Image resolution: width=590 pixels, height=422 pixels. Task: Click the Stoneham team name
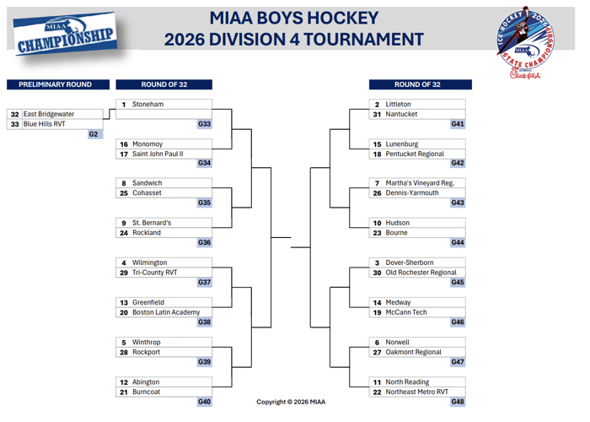(148, 105)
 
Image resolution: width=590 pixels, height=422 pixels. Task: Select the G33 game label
(204, 124)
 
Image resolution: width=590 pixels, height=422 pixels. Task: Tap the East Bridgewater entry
(49, 114)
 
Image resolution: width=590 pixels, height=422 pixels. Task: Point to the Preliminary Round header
(56, 84)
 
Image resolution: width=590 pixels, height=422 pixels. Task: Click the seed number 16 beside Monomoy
(123, 144)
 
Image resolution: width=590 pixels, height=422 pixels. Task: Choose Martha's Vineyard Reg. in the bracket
(420, 183)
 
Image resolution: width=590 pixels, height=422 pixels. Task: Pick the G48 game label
(458, 402)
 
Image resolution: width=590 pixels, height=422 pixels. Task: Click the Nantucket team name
(402, 114)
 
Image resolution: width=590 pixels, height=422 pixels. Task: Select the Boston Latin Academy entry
(166, 312)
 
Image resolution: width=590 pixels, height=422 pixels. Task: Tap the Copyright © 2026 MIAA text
(291, 402)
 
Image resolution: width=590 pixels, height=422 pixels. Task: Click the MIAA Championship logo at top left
(65, 34)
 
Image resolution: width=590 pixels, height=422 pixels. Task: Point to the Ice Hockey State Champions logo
(527, 42)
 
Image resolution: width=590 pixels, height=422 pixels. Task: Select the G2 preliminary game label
(94, 134)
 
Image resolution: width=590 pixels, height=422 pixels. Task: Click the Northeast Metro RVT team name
(417, 392)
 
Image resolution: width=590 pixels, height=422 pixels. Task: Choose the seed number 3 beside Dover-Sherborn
(378, 262)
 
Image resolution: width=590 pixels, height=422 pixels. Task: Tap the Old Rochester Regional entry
(421, 273)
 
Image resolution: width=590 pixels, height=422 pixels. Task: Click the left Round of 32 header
(164, 84)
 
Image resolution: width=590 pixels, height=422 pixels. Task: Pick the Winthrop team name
(147, 342)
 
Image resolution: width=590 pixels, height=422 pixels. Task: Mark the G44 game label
(458, 242)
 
